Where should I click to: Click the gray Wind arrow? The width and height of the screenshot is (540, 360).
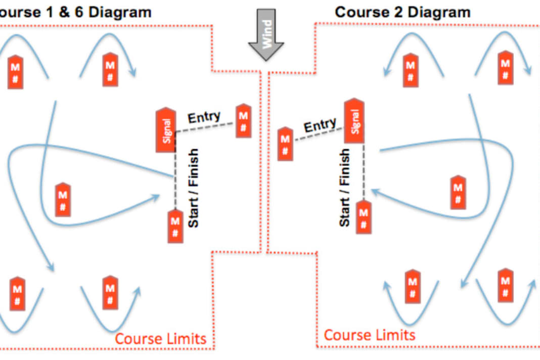point(266,34)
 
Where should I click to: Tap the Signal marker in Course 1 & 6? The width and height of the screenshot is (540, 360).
point(166,130)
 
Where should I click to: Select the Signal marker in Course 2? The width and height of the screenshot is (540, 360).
point(354,120)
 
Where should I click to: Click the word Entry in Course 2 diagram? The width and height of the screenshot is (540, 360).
point(320,125)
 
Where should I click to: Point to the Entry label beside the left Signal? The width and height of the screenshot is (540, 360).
point(204,117)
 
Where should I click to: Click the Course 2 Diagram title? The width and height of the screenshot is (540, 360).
point(402,13)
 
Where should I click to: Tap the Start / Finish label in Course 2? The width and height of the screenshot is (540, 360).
point(345,188)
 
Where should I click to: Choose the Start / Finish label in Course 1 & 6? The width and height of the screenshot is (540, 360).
point(193,188)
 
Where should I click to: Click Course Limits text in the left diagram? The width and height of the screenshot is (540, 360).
point(160,339)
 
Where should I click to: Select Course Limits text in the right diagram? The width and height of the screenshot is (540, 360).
point(370,335)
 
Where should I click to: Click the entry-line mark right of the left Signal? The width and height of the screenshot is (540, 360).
point(244,120)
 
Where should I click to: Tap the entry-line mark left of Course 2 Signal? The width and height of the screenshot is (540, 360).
point(286,144)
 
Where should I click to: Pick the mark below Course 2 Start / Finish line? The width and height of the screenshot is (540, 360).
point(364,217)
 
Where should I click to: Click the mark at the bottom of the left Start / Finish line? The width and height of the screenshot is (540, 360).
point(175,226)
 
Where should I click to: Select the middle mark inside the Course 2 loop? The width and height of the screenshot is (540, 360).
point(458,192)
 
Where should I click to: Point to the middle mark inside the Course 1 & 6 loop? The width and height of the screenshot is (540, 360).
point(63,199)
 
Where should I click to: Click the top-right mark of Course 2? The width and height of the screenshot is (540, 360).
point(506,68)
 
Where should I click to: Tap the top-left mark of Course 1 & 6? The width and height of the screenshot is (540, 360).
point(16,72)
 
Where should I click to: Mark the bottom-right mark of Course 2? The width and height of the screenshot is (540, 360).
point(506,285)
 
